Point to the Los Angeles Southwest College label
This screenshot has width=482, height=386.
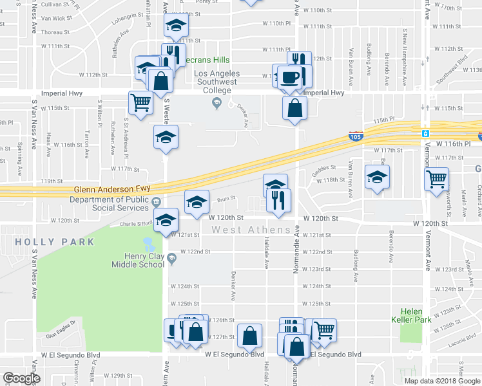pyautogui.click(x=217, y=82)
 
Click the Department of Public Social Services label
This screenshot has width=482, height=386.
pyautogui.click(x=107, y=205)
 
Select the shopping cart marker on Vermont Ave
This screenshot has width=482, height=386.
pyautogui.click(x=437, y=178)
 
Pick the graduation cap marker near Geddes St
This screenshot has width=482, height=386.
pyautogui.click(x=377, y=176)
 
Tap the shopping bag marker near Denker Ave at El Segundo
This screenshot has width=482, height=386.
pyautogui.click(x=249, y=336)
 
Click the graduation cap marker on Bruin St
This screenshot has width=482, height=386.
pyautogui.click(x=197, y=201)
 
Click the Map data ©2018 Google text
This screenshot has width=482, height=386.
pyautogui.click(x=442, y=381)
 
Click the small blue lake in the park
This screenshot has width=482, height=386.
pyautogui.click(x=149, y=244)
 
